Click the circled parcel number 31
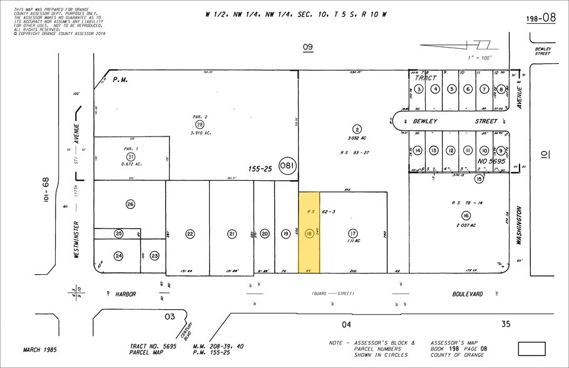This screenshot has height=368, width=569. [130, 156]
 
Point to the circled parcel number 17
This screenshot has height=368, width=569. [353, 233]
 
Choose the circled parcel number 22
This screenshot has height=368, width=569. [190, 233]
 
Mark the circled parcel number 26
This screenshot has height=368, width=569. [130, 204]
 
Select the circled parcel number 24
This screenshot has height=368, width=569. [119, 255]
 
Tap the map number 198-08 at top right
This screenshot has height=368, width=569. [540, 18]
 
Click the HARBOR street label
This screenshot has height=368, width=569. [125, 293]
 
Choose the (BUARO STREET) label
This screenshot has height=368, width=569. [333, 294]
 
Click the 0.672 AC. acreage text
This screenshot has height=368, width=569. [130, 165]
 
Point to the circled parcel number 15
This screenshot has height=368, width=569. [479, 179]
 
